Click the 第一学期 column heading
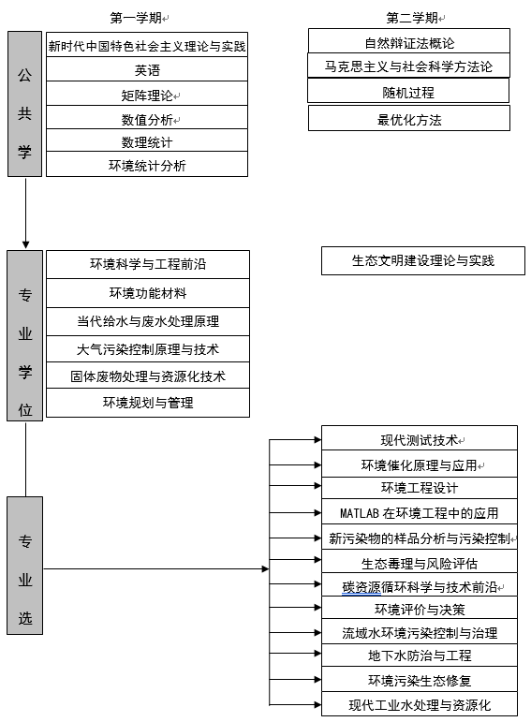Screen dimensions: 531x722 pos(136,18)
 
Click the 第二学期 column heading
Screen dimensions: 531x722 pos(412,18)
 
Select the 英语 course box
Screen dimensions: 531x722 pos(147,69)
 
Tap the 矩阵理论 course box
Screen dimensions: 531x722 pos(147,94)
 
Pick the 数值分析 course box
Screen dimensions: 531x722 pos(147,117)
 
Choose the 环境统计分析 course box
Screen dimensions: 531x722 pos(147,164)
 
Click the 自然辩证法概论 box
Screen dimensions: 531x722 pos(409,41)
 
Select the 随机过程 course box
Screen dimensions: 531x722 pos(408,91)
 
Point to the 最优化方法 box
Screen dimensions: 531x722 pos(409,118)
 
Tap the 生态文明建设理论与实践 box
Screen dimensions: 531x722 pos(422,261)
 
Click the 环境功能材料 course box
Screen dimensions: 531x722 pos(148,293)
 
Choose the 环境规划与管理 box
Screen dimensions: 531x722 pos(148,403)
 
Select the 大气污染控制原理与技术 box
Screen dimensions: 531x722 pos(148,349)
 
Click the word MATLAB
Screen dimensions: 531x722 pos(360,513)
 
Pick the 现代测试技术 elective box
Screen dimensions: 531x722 pos(420,438)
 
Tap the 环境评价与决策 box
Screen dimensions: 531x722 pos(420,608)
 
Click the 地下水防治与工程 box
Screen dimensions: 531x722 pos(420,655)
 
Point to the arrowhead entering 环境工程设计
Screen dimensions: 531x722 pos(317,486)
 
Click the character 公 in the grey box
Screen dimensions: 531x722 pos(25,75)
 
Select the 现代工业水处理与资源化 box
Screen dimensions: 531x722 pos(420,704)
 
